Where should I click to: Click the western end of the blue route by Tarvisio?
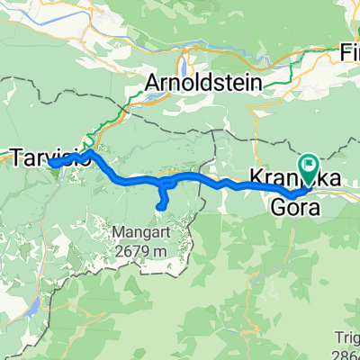(52, 166)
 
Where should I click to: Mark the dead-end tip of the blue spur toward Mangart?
(160, 207)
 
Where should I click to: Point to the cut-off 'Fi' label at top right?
(350, 53)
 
